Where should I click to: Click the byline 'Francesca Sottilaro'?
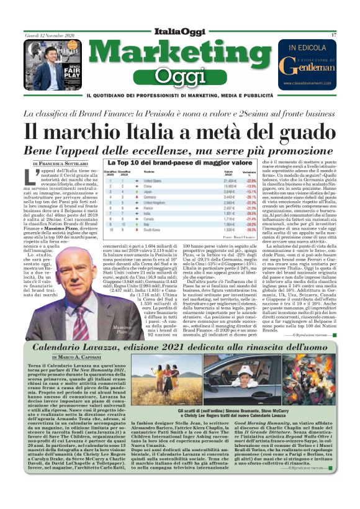62,163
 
